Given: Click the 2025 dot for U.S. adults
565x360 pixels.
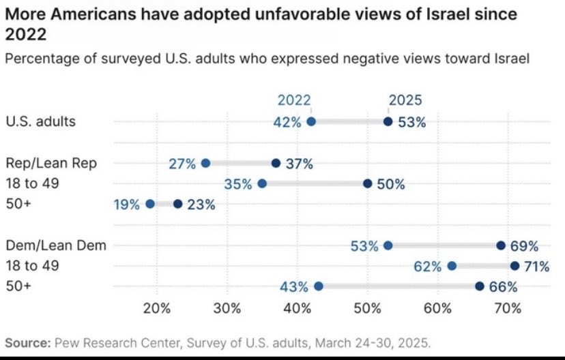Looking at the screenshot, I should tap(388, 122).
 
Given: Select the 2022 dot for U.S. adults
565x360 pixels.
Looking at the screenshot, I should tap(311, 122).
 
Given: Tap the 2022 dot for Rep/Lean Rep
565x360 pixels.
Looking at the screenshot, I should tap(205, 163).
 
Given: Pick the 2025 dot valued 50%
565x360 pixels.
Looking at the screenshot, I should tap(368, 183).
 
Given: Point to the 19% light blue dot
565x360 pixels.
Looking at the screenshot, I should tap(150, 204).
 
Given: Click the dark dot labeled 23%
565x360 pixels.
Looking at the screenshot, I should tap(178, 204).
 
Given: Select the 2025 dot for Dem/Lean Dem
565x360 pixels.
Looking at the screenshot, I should tap(501, 245).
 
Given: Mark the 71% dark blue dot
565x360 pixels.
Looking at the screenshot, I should tap(515, 266).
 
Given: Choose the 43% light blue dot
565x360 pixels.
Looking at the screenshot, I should tap(318, 286).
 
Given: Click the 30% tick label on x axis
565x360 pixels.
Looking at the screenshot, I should tap(227, 307).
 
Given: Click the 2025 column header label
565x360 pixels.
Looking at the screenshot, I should tap(405, 100).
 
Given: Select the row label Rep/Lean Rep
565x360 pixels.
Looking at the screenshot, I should tap(51, 163).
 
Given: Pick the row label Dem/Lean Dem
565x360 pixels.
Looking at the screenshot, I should tap(56, 245).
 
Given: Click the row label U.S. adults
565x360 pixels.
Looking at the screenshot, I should tap(41, 122).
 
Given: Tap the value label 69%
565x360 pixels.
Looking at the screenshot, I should tap(525, 245).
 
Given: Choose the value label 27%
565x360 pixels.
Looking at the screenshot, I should tap(182, 164).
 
